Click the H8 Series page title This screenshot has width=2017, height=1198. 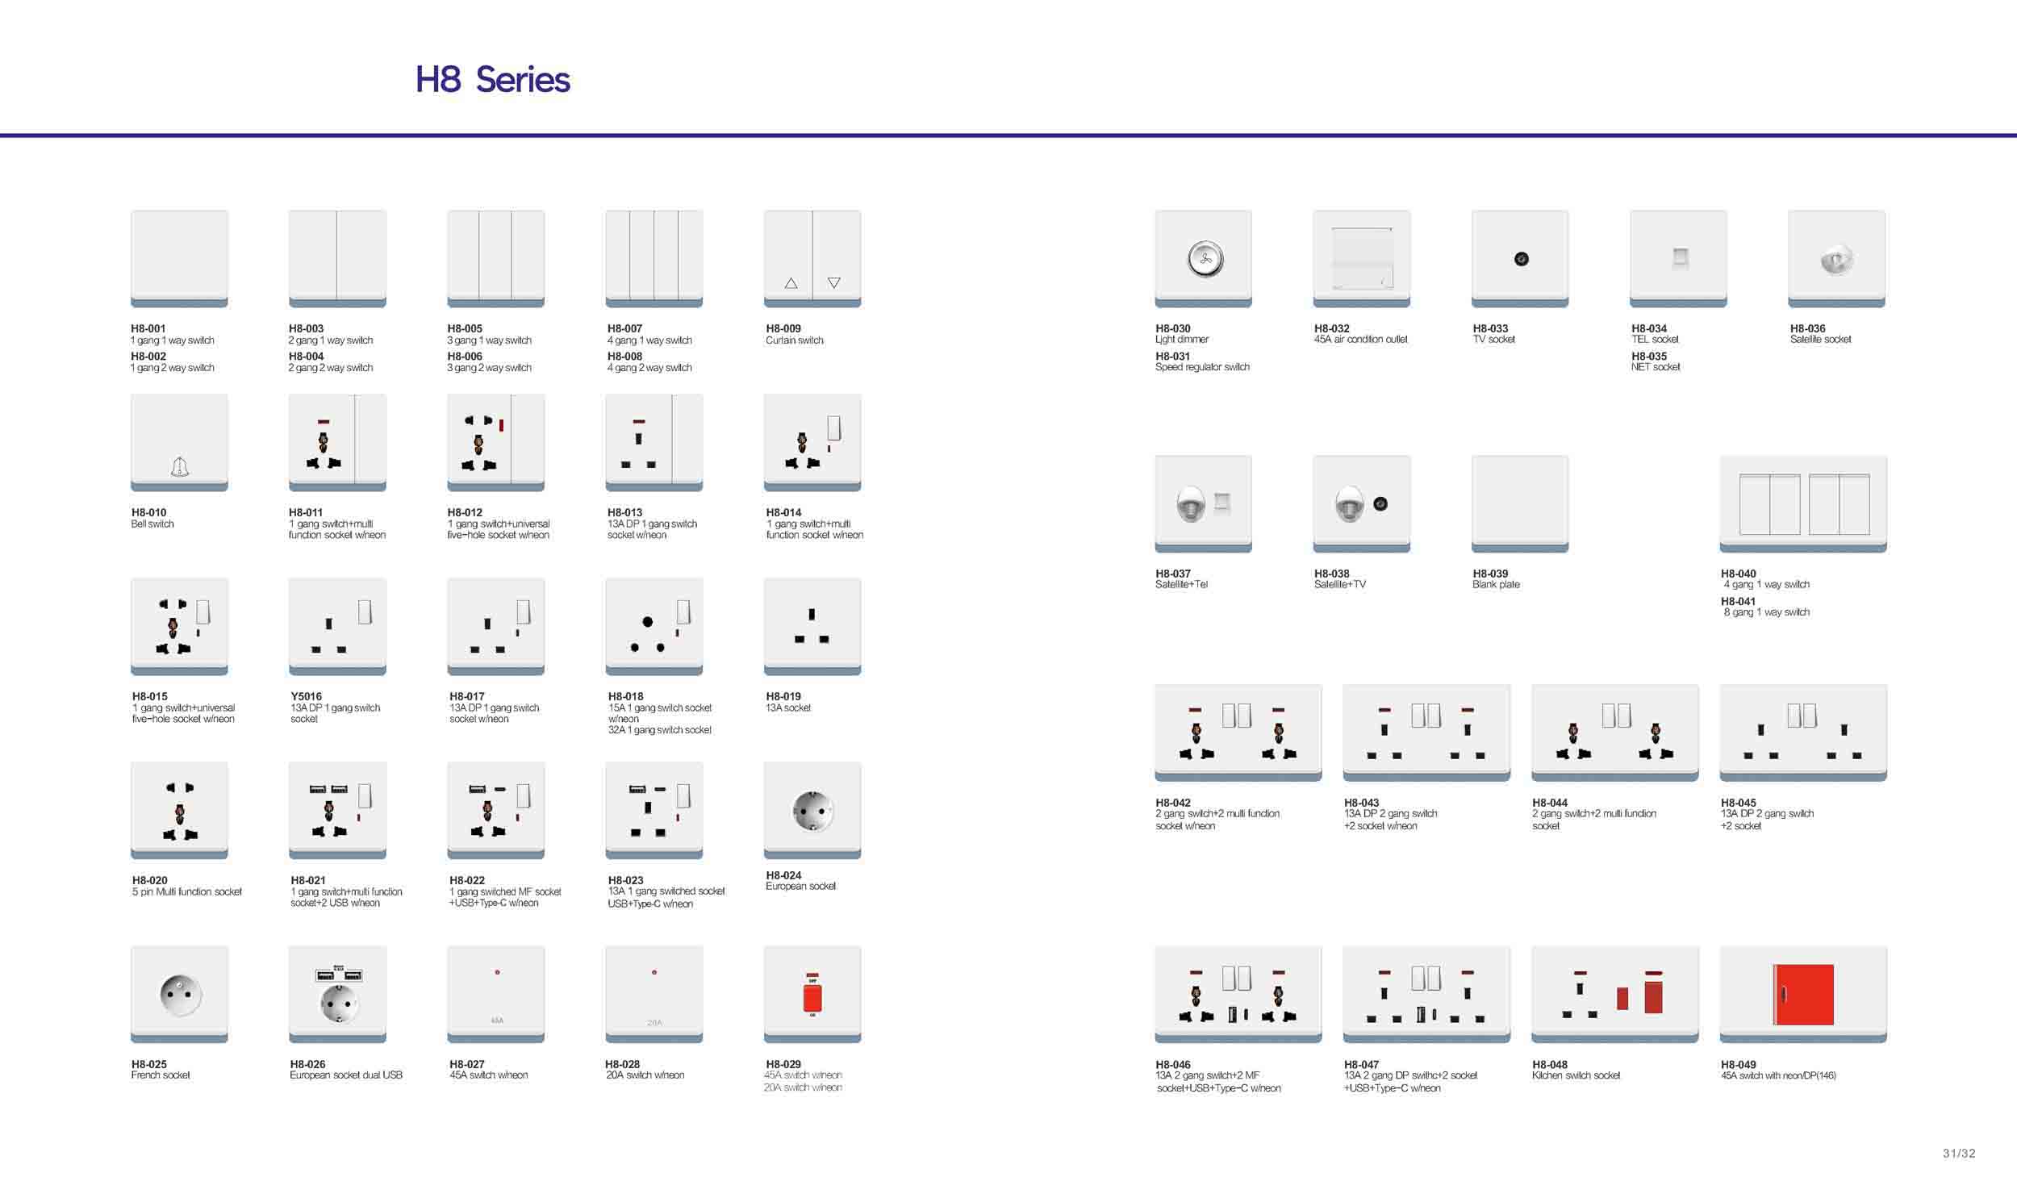click(492, 79)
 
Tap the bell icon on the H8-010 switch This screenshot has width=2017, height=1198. click(179, 466)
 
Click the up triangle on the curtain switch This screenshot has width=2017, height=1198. click(791, 283)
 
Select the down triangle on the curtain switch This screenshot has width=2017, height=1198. click(833, 283)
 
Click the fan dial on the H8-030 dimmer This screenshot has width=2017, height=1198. click(1205, 259)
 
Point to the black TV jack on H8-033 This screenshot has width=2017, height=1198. click(1521, 259)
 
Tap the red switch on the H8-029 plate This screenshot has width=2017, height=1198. click(812, 996)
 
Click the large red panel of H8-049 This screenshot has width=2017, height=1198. click(1803, 995)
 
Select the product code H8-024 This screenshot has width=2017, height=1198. click(783, 875)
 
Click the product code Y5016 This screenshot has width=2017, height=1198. click(306, 696)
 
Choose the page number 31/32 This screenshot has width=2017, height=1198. click(1959, 1154)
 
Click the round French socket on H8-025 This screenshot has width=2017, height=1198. click(181, 995)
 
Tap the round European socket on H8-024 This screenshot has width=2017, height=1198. click(812, 811)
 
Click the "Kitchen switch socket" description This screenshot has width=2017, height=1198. click(1576, 1075)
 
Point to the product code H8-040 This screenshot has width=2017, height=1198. click(1738, 574)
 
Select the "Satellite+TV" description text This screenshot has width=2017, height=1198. click(1340, 584)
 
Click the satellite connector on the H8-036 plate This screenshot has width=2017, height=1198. click(1837, 260)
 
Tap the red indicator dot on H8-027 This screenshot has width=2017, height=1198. click(497, 972)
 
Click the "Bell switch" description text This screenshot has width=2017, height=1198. click(152, 524)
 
